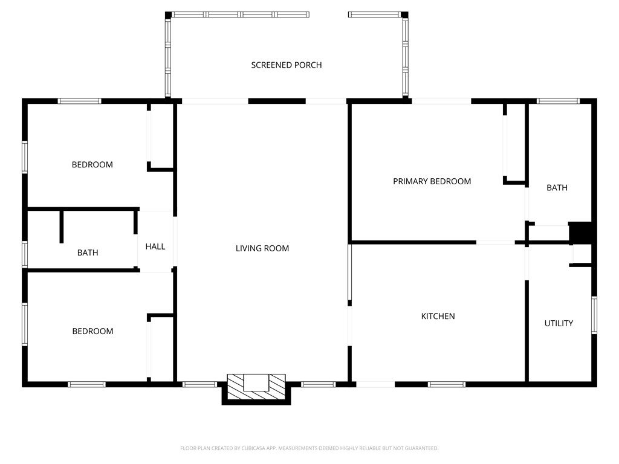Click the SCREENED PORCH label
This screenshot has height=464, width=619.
[x=286, y=65]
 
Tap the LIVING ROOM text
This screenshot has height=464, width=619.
[x=262, y=248]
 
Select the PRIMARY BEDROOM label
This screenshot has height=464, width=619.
[x=432, y=181]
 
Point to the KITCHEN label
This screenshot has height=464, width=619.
[x=438, y=316]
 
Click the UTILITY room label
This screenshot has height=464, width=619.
[x=559, y=324]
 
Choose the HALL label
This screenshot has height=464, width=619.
[x=155, y=246]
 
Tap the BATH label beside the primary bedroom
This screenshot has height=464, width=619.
[x=557, y=188]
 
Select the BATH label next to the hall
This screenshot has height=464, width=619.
[x=88, y=253]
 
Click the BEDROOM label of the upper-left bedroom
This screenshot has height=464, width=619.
[x=92, y=164]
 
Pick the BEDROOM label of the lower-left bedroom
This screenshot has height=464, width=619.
[x=92, y=331]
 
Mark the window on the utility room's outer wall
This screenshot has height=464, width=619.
[x=594, y=315]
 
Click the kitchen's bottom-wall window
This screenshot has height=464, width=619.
[x=447, y=384]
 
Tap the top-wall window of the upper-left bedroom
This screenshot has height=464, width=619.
[x=79, y=101]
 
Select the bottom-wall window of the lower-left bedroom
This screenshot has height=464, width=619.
[x=86, y=384]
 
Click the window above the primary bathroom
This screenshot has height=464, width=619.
[x=558, y=101]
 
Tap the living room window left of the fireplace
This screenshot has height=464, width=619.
[x=199, y=384]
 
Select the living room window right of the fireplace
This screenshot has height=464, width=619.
[x=318, y=384]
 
